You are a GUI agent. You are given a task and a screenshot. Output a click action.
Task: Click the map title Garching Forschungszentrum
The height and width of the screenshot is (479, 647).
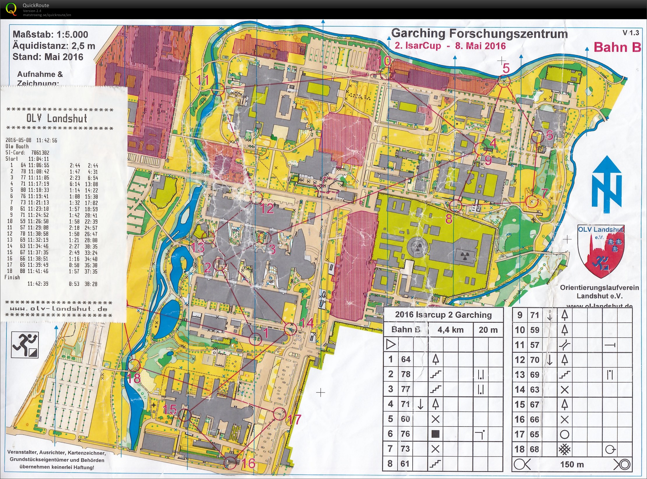click(479, 34)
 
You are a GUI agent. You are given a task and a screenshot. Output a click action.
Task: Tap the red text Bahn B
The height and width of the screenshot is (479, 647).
click(617, 47)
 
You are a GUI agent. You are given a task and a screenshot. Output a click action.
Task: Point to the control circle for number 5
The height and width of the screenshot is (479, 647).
click(504, 80)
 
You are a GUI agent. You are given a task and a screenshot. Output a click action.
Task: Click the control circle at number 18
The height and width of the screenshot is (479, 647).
click(134, 366)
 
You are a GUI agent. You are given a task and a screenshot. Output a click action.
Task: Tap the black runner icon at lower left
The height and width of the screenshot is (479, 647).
click(25, 345)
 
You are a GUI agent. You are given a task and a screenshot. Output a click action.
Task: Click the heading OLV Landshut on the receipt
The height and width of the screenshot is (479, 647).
click(57, 118)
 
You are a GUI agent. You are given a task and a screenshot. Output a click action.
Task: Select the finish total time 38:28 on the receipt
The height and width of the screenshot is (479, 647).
click(91, 284)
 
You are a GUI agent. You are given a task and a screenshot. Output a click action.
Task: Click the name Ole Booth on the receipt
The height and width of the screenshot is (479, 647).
click(17, 146)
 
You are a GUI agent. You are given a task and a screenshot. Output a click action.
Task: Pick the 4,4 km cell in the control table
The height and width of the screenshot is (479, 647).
click(451, 330)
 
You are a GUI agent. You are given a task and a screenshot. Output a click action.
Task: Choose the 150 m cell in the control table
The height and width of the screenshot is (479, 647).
click(572, 464)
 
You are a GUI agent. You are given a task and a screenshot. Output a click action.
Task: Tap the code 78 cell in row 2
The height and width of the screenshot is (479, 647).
click(406, 374)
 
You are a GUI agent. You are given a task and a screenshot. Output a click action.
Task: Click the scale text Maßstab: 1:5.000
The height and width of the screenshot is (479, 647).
click(50, 34)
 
